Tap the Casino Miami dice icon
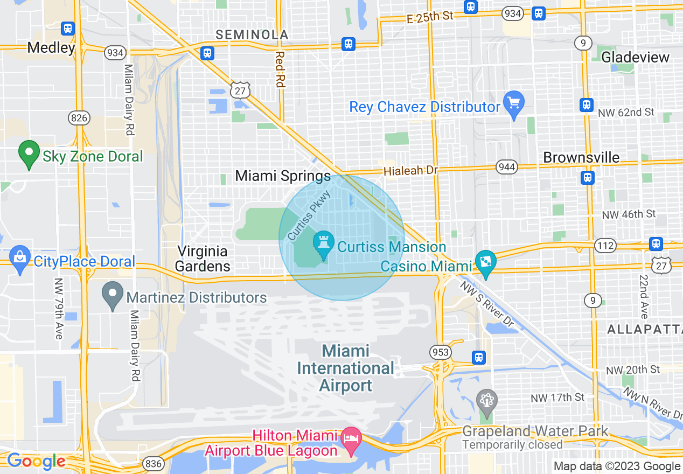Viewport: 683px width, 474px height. [x=486, y=263]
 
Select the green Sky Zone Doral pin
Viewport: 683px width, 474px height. [x=29, y=154]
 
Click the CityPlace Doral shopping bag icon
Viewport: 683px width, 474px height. [x=20, y=259]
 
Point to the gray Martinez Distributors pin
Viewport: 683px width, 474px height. [x=113, y=295]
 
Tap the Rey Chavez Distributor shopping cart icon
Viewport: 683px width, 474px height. [x=513, y=103]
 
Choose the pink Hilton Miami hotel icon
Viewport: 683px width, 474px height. [x=352, y=435]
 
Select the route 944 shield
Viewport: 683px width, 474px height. [x=507, y=167]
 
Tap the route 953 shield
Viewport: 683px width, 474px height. [x=440, y=352]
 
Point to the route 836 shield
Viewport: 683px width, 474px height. [x=152, y=464]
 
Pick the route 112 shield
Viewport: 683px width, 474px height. [x=605, y=246]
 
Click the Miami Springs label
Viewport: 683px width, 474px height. [x=283, y=176]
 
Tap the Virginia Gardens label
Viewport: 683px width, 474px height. [x=203, y=259]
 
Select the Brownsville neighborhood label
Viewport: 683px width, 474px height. [x=581, y=157]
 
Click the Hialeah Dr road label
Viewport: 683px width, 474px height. [x=410, y=171]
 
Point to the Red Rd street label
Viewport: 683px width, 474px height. [x=279, y=69]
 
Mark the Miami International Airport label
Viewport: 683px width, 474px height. [x=346, y=368]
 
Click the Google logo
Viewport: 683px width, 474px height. [x=36, y=461]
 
